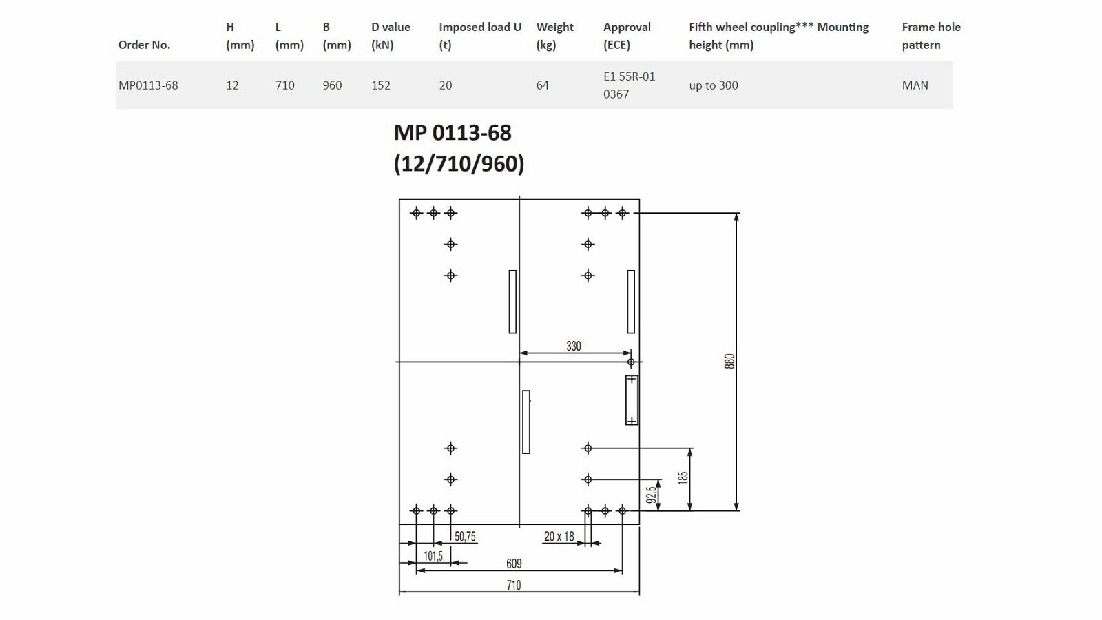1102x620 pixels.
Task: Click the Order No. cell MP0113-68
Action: [148, 85]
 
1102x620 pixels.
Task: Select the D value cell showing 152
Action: [380, 85]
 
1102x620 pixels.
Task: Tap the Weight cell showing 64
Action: [542, 85]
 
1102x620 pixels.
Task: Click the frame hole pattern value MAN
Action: [915, 85]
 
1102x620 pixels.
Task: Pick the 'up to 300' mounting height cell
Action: [714, 85]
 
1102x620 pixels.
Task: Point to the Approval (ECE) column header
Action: [627, 36]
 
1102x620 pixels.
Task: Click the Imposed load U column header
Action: [479, 36]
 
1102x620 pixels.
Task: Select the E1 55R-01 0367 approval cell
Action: [630, 85]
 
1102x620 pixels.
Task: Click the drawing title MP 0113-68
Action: [453, 133]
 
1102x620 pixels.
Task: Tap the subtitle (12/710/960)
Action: [459, 163]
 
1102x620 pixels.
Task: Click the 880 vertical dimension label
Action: [729, 361]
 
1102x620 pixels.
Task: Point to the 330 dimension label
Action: [574, 346]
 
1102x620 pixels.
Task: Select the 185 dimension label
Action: [683, 478]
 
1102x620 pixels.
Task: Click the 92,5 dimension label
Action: [652, 495]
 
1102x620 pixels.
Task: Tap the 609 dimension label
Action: [514, 564]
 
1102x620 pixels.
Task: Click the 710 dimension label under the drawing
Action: [514, 585]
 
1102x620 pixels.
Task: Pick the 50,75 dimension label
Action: [465, 537]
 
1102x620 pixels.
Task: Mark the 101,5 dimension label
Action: [433, 556]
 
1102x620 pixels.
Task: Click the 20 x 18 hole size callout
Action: [559, 537]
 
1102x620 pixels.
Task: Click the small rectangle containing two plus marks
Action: [632, 400]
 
